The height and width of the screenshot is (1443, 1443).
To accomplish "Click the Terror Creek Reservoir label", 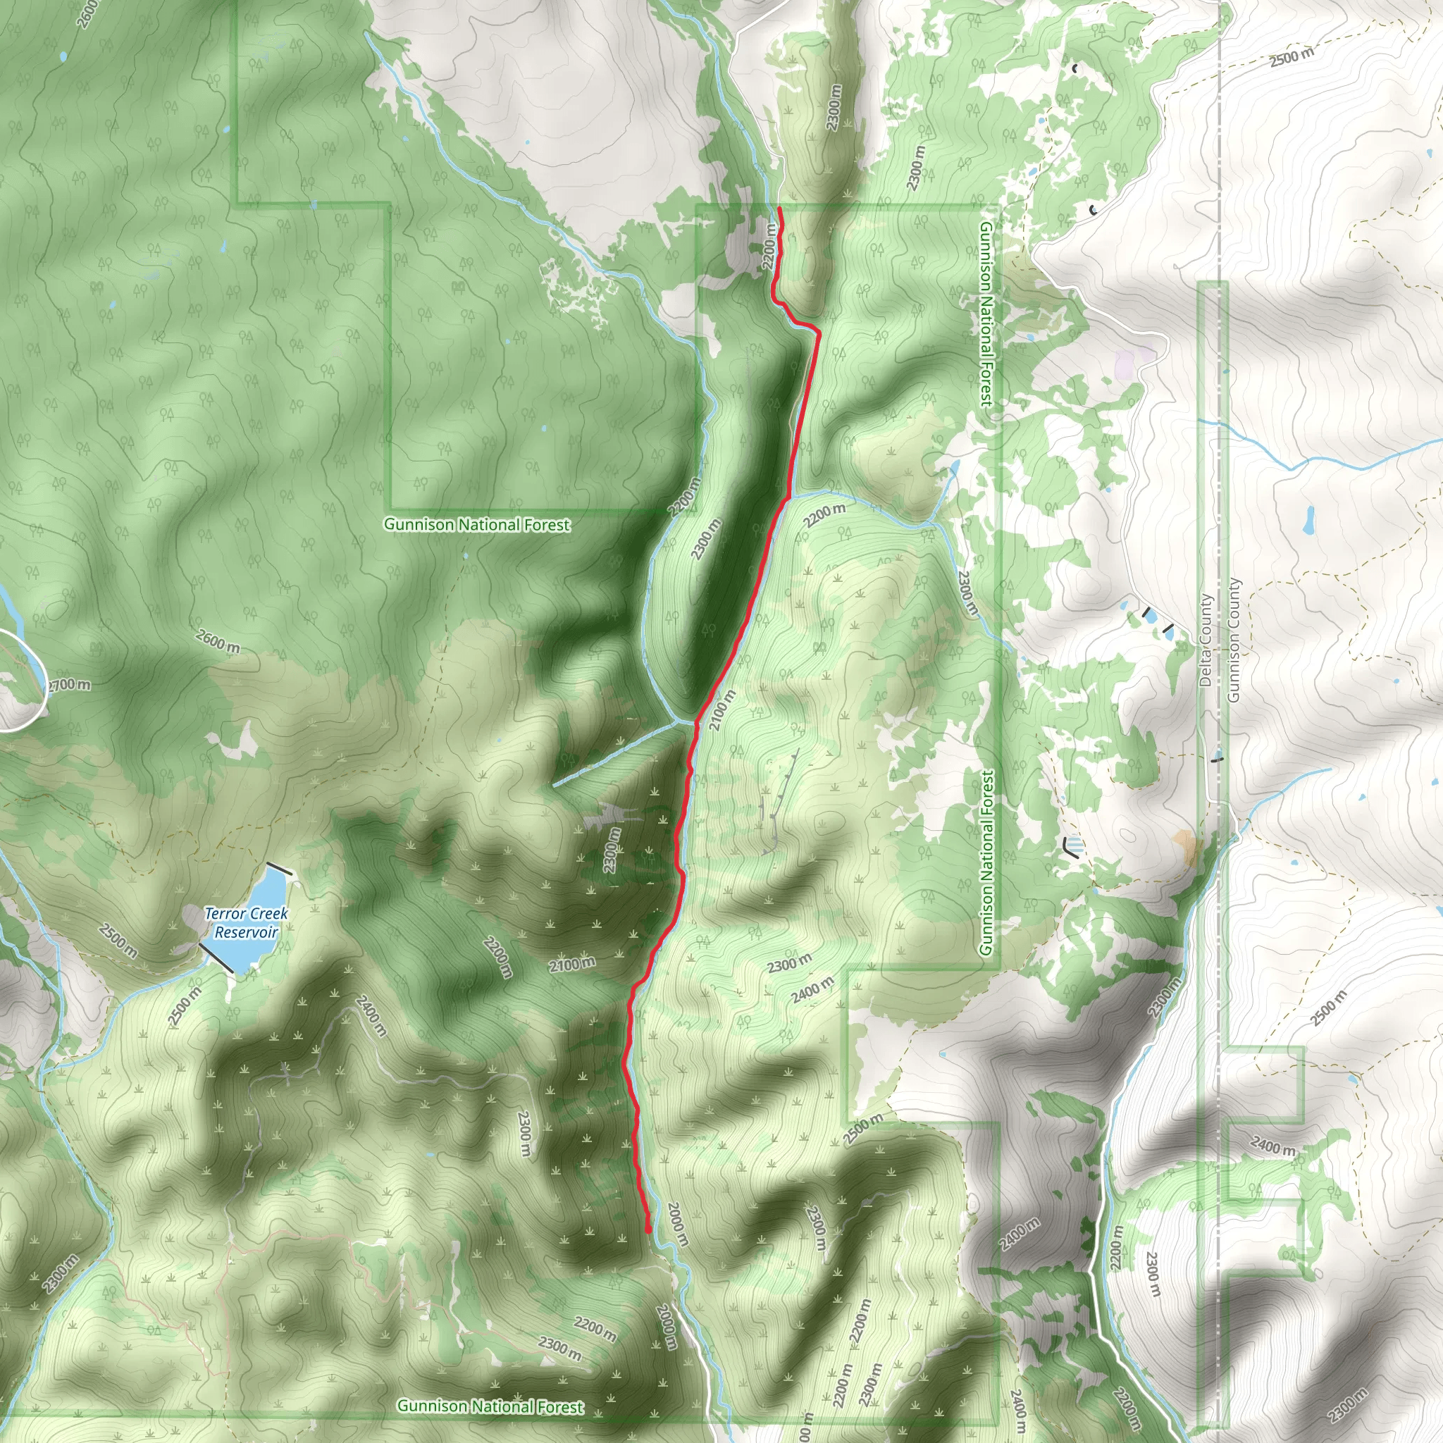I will [246, 922].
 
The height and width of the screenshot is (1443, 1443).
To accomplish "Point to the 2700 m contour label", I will [69, 685].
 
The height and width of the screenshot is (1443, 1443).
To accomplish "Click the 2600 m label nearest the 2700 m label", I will [218, 641].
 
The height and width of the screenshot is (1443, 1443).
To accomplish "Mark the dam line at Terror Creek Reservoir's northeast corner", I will [279, 869].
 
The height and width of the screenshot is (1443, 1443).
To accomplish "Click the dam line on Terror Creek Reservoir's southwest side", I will [216, 958].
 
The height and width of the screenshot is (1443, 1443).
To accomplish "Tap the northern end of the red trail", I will [779, 208].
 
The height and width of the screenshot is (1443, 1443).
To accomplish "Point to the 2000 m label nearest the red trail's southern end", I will [677, 1224].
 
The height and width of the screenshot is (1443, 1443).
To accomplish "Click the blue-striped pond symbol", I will [1073, 846].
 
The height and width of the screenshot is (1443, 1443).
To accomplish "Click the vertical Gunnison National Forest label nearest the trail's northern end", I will [986, 314].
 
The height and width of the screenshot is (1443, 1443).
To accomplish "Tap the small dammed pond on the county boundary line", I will [1218, 758].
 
